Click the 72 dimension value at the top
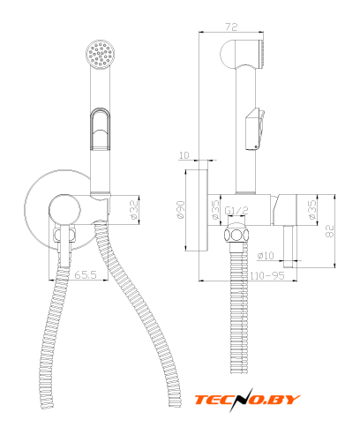pyautogui.click(x=231, y=26)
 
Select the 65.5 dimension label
pyautogui.click(x=86, y=274)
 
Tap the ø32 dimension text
pyautogui.click(x=134, y=209)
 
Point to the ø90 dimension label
pyautogui.click(x=180, y=209)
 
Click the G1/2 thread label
pyautogui.click(x=236, y=211)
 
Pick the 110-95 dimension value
pyautogui.click(x=267, y=275)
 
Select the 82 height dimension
pyautogui.click(x=330, y=231)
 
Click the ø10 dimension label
pyautogui.click(x=266, y=255)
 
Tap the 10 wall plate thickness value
pyautogui.click(x=184, y=155)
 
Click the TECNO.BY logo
pyautogui.click(x=247, y=400)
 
